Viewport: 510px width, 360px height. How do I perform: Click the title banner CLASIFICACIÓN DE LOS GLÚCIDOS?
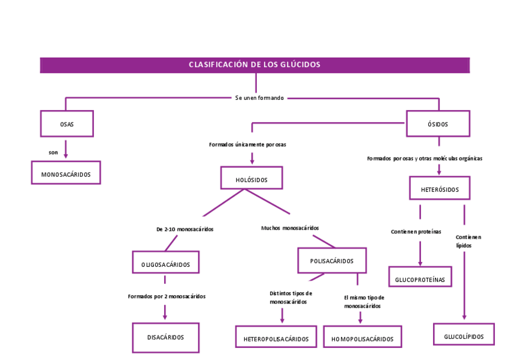(254, 65)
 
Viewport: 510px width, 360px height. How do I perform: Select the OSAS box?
(67, 124)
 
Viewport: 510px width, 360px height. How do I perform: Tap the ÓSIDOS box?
(438, 124)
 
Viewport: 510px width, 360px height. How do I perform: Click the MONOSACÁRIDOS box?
(66, 174)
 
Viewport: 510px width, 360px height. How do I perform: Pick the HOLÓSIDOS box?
(251, 179)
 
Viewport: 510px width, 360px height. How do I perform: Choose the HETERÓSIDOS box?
(439, 189)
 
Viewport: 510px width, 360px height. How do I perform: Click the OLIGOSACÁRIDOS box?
(165, 263)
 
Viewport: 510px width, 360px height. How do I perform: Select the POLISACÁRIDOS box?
(331, 261)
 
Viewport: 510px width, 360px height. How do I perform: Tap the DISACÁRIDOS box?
(165, 337)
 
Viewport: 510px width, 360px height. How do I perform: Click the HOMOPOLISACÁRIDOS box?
(362, 338)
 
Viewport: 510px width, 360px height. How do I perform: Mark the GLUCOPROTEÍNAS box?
(420, 279)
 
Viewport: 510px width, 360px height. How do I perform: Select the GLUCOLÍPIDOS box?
(464, 336)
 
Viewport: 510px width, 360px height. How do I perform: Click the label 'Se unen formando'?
(259, 97)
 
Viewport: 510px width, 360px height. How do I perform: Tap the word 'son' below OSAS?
(54, 153)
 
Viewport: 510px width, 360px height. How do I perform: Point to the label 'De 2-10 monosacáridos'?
(184, 229)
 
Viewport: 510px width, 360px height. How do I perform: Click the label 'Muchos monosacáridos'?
(290, 228)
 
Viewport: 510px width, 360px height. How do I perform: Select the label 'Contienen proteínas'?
(416, 231)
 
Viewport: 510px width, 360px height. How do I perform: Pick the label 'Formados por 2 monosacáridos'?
(167, 296)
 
